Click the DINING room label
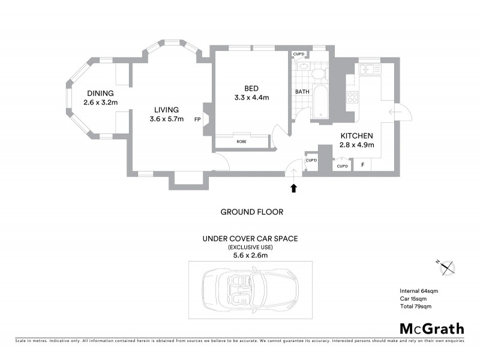coord(100,93)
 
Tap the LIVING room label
coord(166,110)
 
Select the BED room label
coord(250,86)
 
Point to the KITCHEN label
coord(357,136)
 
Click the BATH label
coord(302,92)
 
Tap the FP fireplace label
coord(197,119)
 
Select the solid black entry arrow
coord(293,188)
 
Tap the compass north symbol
coord(448,268)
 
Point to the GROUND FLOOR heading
coord(251,212)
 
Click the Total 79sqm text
coord(415,307)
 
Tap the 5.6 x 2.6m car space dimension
coord(250,255)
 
